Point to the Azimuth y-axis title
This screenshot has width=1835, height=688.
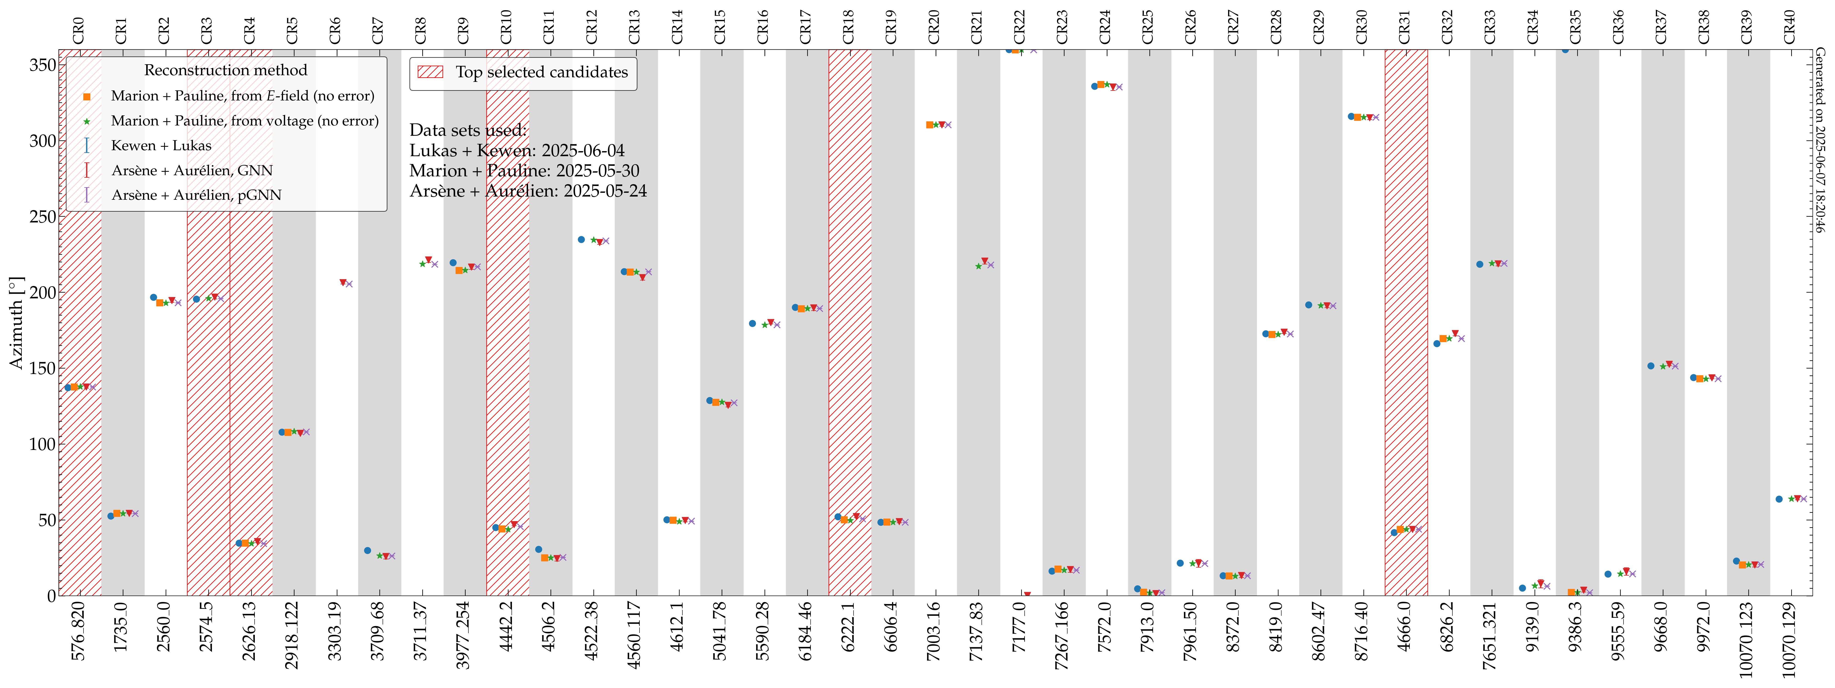(16, 323)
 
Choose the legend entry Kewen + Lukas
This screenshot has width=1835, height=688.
(161, 145)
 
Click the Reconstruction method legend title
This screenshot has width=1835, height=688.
(226, 70)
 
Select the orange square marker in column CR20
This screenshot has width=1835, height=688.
(930, 125)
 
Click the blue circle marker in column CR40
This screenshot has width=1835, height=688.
(1779, 499)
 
